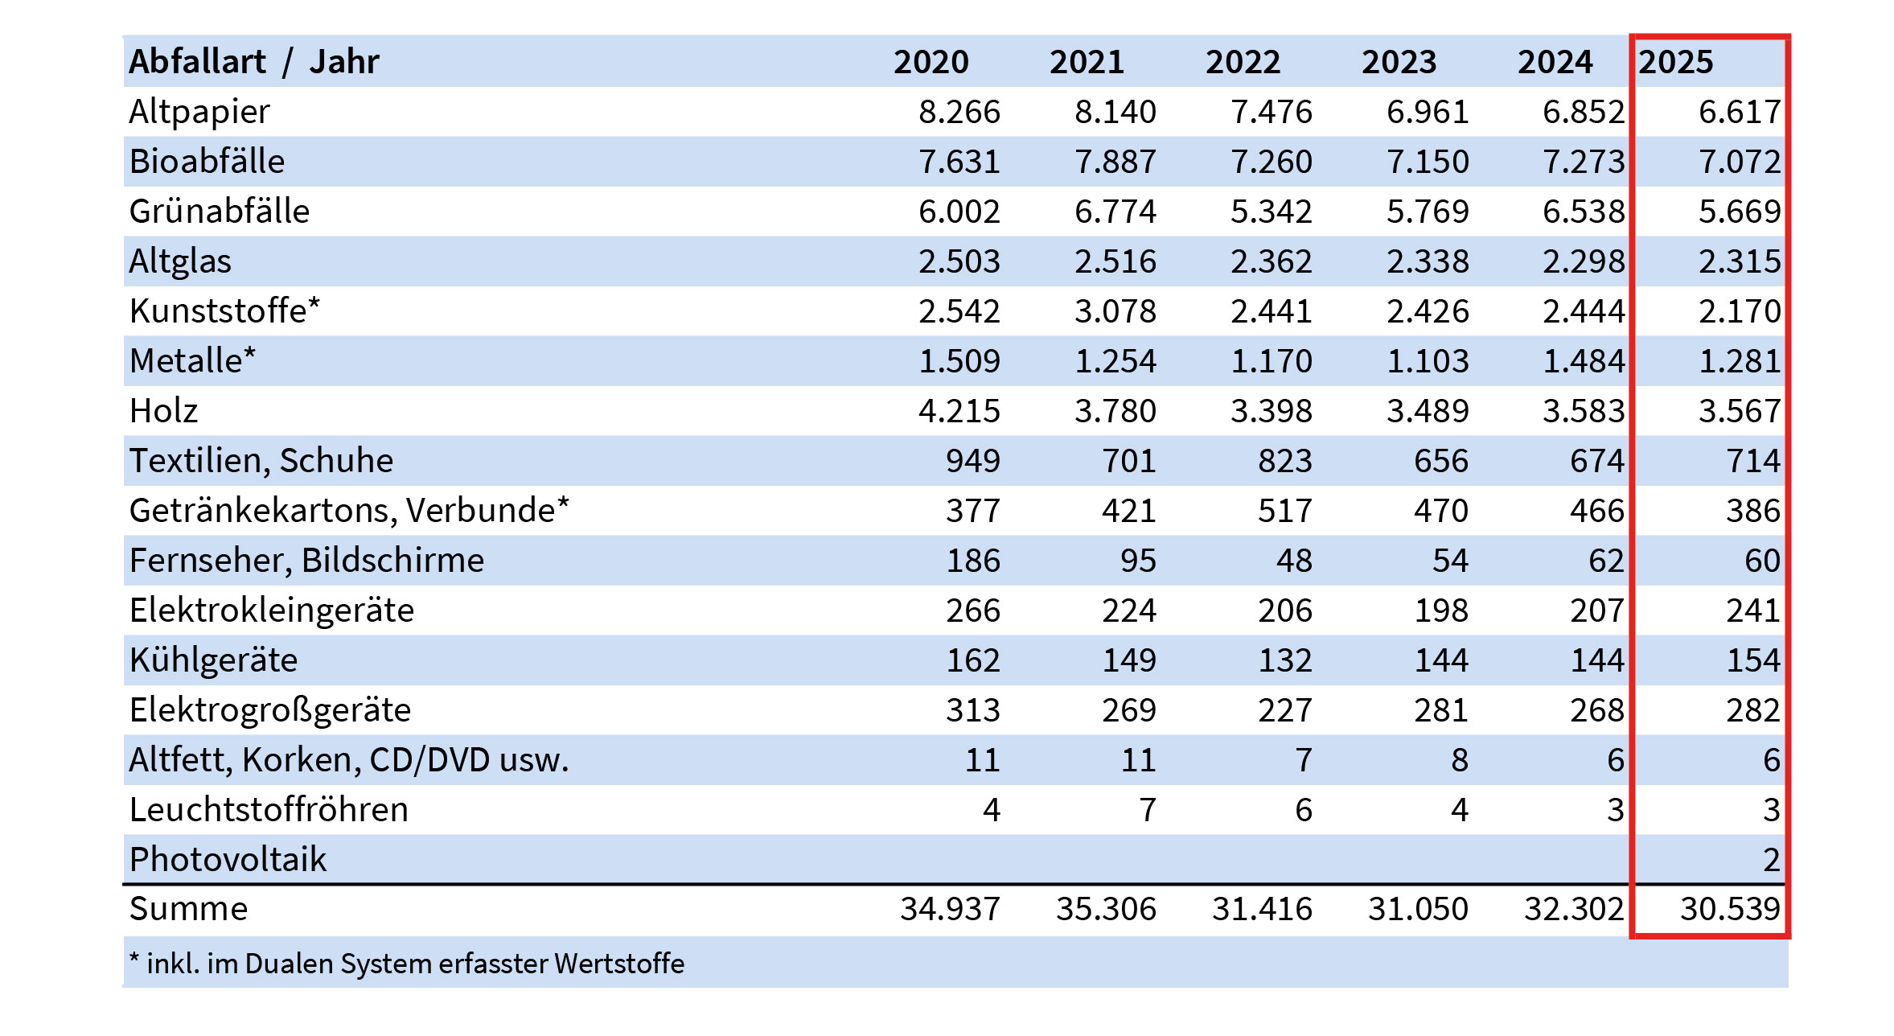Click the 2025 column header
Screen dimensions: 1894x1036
tap(1676, 62)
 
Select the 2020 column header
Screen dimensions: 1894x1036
tap(931, 62)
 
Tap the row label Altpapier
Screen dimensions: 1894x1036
tap(199, 113)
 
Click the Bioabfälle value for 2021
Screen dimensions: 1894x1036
tap(1115, 162)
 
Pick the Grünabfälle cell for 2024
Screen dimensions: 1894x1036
tap(1584, 212)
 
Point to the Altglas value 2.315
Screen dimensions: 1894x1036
tap(1740, 261)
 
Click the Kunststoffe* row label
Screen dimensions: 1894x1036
tap(224, 310)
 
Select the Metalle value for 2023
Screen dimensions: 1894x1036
tap(1428, 361)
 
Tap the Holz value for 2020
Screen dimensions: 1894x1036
tap(959, 411)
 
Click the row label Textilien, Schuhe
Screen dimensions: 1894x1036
tap(261, 461)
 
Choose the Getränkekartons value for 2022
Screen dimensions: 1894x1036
tap(1285, 511)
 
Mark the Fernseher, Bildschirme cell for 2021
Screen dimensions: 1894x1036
tap(1138, 561)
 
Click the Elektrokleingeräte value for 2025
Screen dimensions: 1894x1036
tap(1753, 610)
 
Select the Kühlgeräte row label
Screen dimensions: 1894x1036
tap(213, 660)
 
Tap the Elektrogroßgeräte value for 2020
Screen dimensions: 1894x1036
tap(973, 710)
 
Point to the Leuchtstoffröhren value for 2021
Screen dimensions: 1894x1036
tap(1148, 810)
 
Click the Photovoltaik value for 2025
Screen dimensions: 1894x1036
tap(1772, 860)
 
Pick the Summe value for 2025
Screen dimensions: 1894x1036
tap(1730, 909)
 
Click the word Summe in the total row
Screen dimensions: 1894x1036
tap(189, 909)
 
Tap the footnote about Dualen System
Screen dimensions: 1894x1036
tap(407, 964)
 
